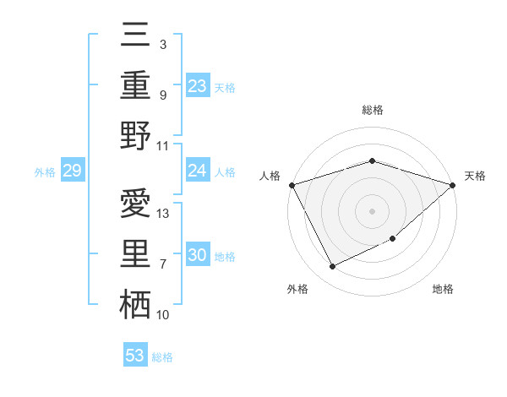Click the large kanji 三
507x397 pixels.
(x=135, y=36)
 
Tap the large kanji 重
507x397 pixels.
(x=135, y=85)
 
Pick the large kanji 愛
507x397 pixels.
(x=135, y=204)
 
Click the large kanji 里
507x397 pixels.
(x=135, y=254)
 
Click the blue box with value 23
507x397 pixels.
(x=198, y=86)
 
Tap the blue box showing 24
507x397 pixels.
(x=198, y=171)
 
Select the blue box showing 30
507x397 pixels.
(x=198, y=256)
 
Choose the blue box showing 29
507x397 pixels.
(x=72, y=171)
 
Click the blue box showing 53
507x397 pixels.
(x=135, y=356)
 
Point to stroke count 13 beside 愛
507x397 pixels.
(x=164, y=214)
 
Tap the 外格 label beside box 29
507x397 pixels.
(x=45, y=172)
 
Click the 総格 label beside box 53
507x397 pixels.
(x=162, y=357)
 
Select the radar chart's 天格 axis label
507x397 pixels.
(x=476, y=176)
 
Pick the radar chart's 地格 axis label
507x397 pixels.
(x=443, y=290)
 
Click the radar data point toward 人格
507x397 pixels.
(x=292, y=185)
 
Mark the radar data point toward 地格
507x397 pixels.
(x=393, y=239)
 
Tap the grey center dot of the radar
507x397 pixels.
(x=372, y=210)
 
